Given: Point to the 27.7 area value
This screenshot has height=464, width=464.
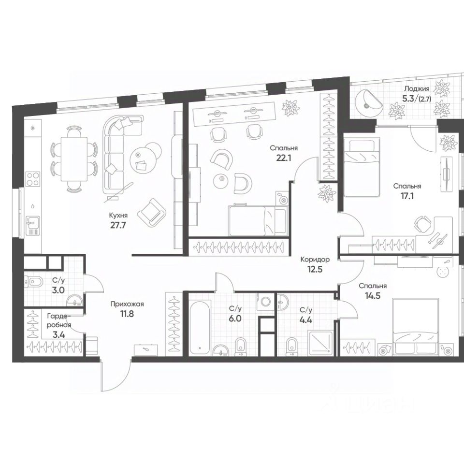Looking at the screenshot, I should point(117,225).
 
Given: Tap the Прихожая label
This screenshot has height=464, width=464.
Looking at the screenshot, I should point(127,304).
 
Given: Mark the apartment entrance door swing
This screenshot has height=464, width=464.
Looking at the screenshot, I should point(116,375).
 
